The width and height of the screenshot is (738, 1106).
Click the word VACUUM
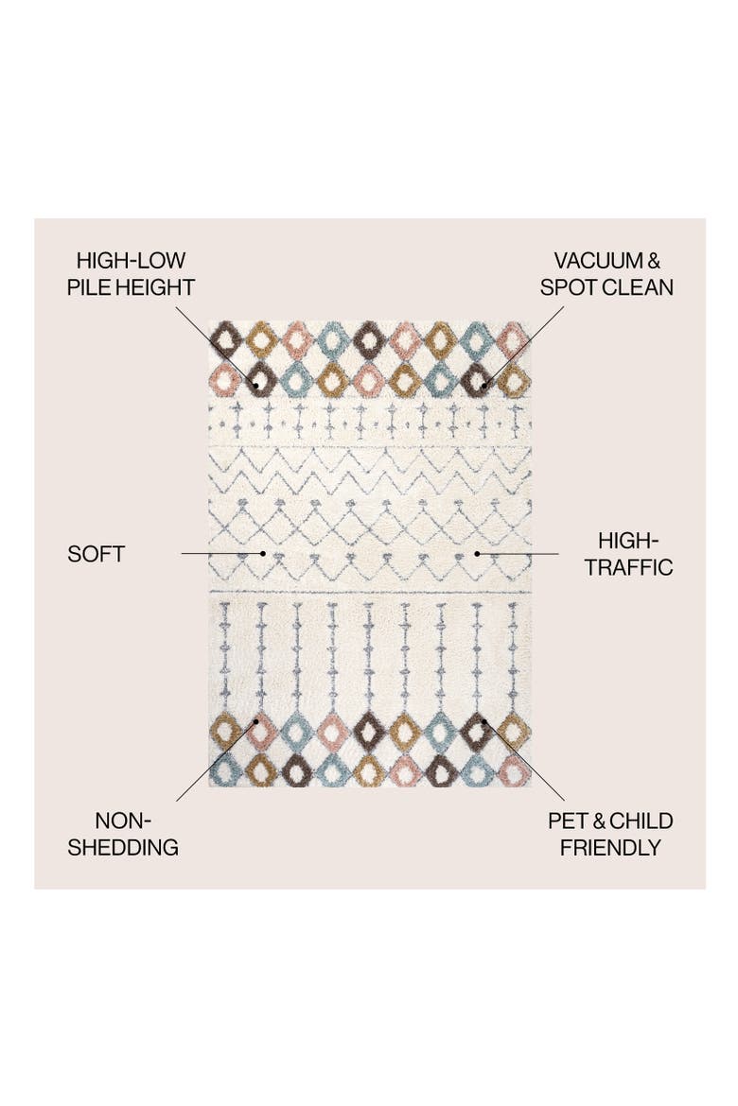pos(598,261)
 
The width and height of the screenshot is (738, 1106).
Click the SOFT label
pos(97,554)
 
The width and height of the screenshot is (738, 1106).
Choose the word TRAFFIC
pos(629,568)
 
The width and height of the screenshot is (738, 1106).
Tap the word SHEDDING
pos(123,848)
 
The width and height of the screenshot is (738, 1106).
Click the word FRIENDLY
pos(610,848)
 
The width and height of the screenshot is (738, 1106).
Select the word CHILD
pos(641,821)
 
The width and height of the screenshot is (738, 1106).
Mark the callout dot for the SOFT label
pos(263,554)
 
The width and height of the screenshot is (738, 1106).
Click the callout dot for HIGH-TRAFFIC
pos(477,554)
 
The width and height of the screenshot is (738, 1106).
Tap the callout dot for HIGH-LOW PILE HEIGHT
pos(255,385)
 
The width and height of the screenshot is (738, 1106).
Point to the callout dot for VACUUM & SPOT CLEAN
pos(484,385)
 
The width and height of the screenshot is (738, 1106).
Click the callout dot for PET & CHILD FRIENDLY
pos(485,722)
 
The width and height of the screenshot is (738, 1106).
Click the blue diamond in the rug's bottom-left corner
pos(225,769)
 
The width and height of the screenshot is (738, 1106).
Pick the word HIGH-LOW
pos(131,261)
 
